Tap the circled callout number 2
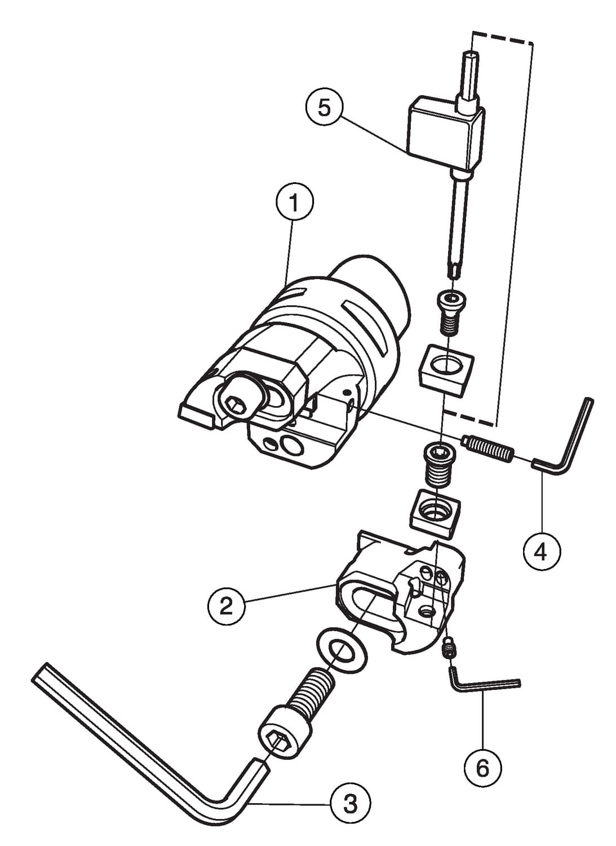(225, 606)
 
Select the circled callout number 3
(350, 803)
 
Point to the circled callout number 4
(540, 551)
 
